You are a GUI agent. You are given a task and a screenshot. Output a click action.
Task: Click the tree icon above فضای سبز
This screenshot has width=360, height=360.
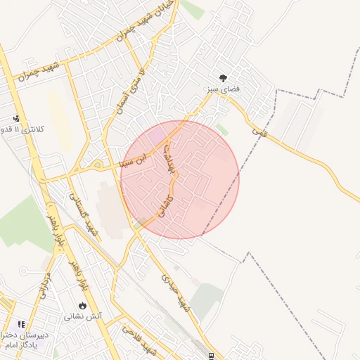[x=224, y=78]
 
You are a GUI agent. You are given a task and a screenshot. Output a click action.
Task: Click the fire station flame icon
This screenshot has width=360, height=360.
[x=83, y=306]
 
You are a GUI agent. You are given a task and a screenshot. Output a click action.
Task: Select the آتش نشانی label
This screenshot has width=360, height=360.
[x=83, y=316]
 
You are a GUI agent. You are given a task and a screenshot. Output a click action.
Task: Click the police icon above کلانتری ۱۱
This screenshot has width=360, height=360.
[x=16, y=119]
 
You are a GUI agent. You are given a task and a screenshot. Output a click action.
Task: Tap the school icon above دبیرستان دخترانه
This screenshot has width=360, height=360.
[x=21, y=324]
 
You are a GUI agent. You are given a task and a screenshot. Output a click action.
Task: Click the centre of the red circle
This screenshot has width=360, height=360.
[x=180, y=180]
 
